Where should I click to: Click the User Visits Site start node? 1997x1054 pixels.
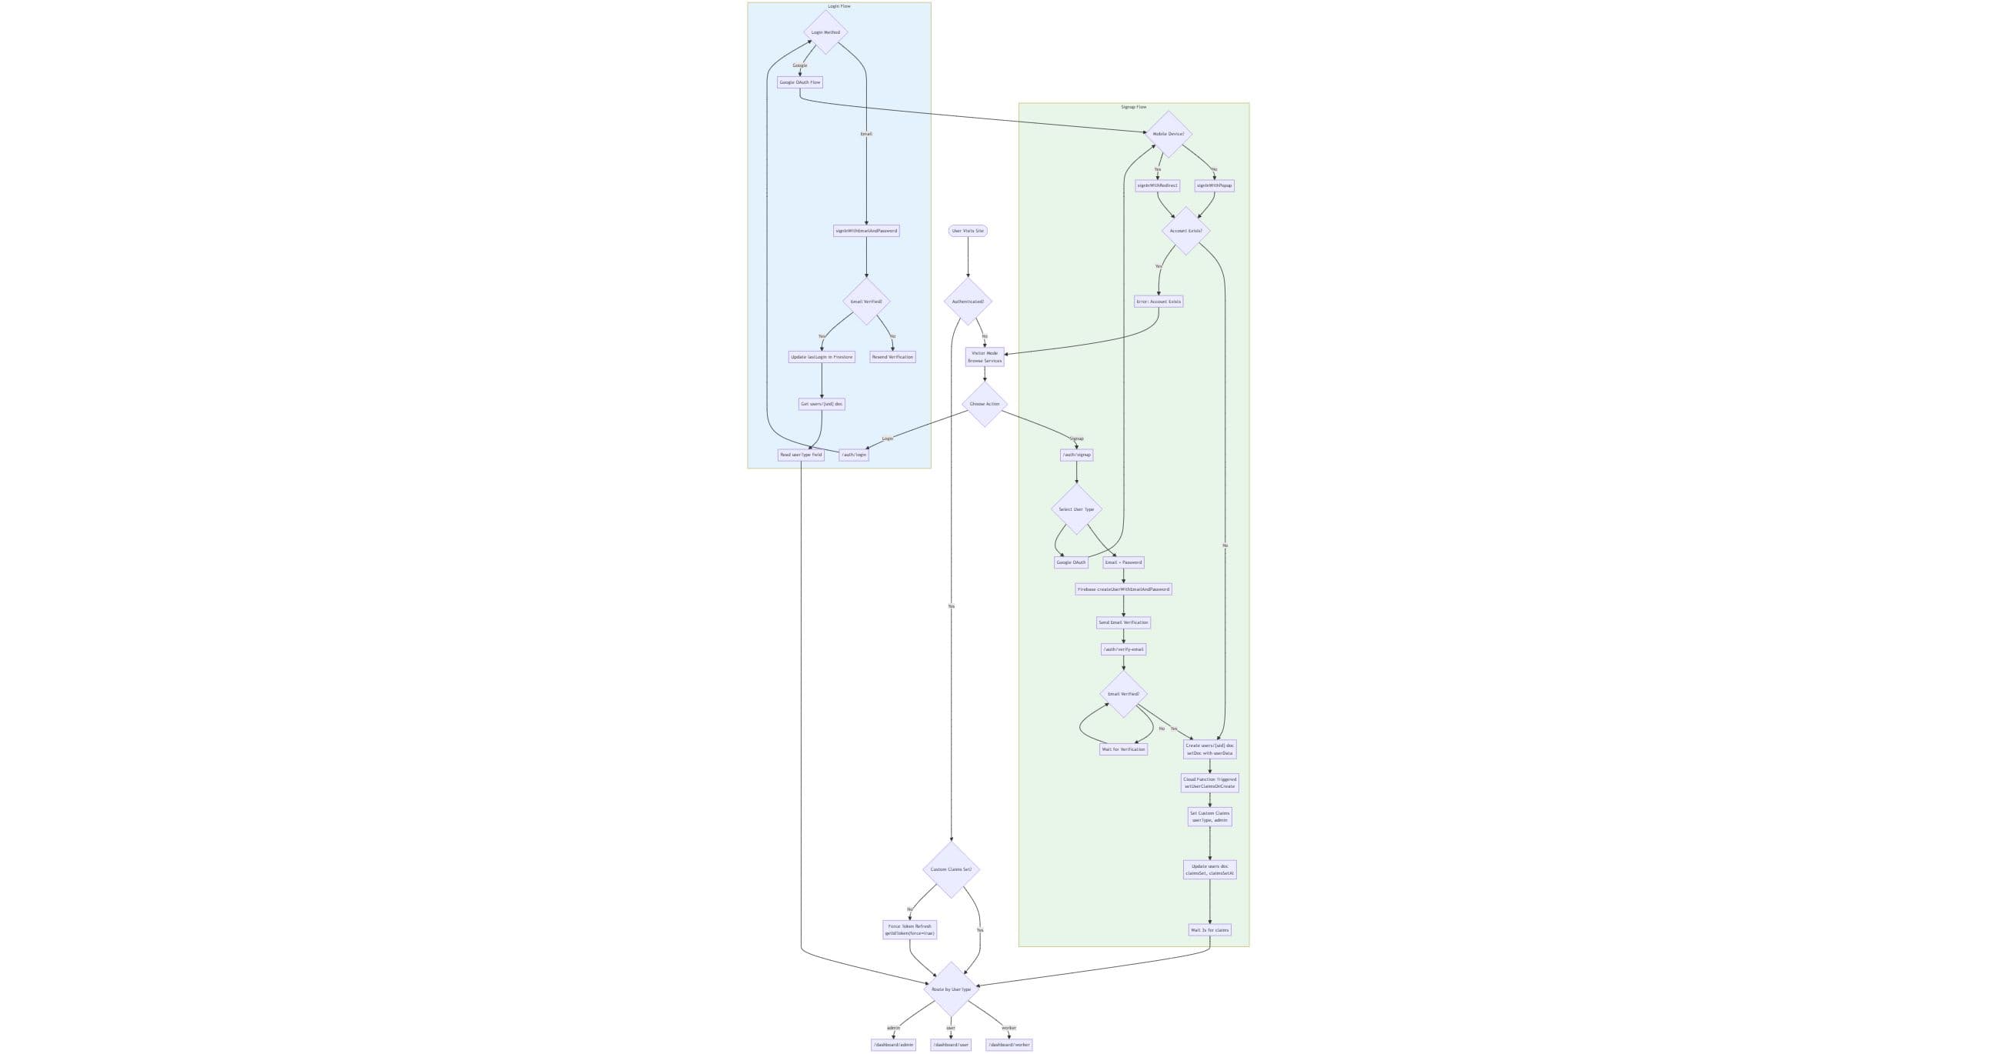point(968,230)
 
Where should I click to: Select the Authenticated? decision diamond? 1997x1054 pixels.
point(968,302)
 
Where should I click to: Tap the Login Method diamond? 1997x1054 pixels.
point(825,32)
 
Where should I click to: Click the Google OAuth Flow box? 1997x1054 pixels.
point(799,82)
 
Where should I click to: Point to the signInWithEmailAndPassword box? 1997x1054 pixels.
point(866,230)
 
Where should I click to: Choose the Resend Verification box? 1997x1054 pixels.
point(892,357)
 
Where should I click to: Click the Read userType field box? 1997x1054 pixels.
point(801,455)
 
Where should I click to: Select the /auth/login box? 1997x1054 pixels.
point(854,455)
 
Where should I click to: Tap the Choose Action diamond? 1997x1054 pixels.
point(985,404)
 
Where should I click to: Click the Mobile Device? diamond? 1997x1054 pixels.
point(1169,134)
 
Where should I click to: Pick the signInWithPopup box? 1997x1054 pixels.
point(1214,185)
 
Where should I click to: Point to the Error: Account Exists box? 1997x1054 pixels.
point(1159,302)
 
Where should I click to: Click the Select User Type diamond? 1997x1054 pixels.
point(1076,509)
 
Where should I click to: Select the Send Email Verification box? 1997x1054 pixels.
point(1123,622)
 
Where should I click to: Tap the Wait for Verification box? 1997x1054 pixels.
point(1123,749)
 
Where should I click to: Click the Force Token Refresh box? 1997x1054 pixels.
point(909,929)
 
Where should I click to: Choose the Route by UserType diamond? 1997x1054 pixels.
point(952,989)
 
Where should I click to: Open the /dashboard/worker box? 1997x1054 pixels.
point(1009,1045)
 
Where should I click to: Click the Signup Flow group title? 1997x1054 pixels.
point(1133,107)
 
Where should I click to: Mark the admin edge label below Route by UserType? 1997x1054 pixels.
point(893,1028)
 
